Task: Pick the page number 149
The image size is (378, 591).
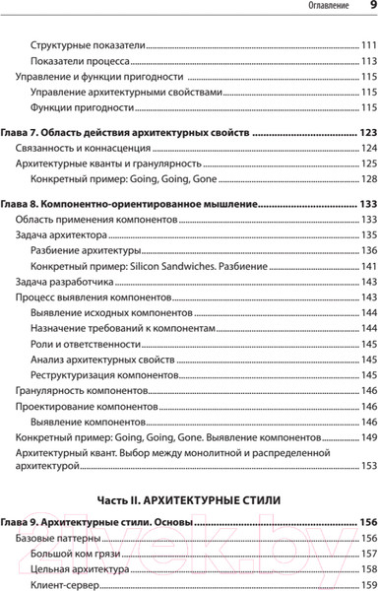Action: click(367, 437)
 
